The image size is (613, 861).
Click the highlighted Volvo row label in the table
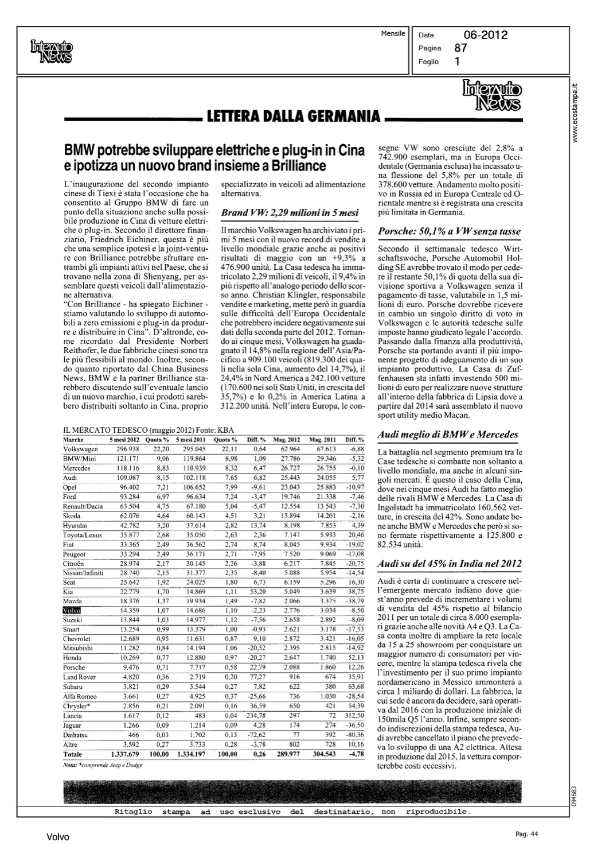(x=72, y=610)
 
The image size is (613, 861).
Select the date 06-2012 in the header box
(x=485, y=35)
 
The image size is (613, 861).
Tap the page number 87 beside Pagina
(x=460, y=48)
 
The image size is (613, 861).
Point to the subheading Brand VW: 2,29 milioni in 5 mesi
(x=290, y=212)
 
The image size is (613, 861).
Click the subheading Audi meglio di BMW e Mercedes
(x=448, y=435)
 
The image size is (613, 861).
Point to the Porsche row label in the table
(x=73, y=668)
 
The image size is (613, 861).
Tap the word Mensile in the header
(x=393, y=34)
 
